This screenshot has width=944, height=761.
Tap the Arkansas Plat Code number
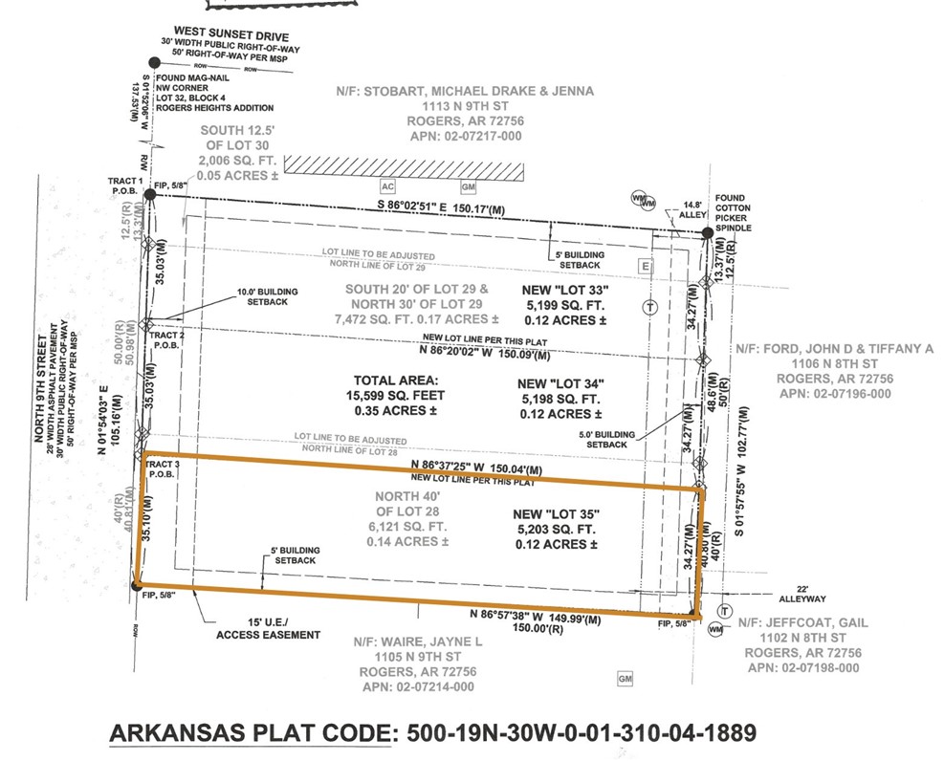point(582,733)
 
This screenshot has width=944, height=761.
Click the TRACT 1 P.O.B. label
point(126,186)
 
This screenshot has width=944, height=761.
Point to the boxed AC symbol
point(388,185)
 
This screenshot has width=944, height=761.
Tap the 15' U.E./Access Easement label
point(268,628)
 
